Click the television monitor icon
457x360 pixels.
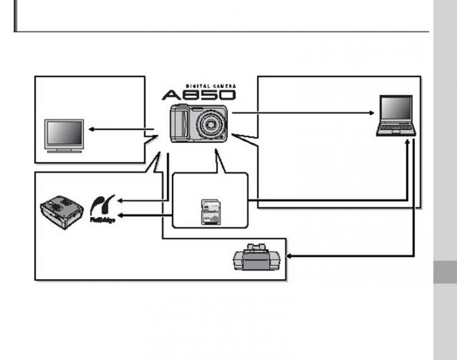pyautogui.click(x=64, y=135)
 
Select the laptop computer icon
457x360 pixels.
pyautogui.click(x=396, y=115)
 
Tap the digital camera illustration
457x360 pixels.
pyautogui.click(x=197, y=124)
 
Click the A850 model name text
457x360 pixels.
pyautogui.click(x=198, y=95)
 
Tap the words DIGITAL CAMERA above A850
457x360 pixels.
pyautogui.click(x=210, y=85)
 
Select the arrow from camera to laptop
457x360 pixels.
pyautogui.click(x=301, y=114)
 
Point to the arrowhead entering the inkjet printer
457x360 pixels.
pyautogui.click(x=291, y=256)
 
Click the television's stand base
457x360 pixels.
pyautogui.click(x=64, y=151)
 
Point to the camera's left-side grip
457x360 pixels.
pyautogui.click(x=179, y=124)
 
